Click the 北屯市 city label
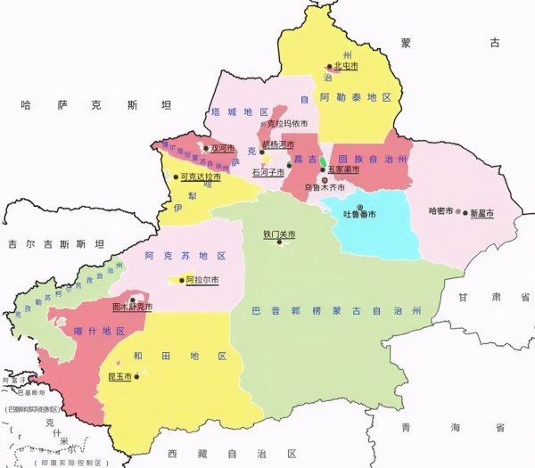point(346,65)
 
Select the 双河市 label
point(223,149)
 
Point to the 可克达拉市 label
point(201,177)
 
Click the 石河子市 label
point(267,171)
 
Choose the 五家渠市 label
point(344,168)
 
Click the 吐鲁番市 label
point(359,215)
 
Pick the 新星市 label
point(482,213)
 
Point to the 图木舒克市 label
point(132,308)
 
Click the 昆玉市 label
point(119,377)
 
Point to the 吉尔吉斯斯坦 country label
point(55,242)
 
